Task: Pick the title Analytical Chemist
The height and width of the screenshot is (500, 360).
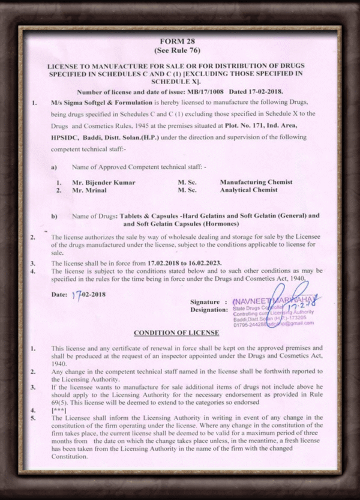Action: click(x=248, y=190)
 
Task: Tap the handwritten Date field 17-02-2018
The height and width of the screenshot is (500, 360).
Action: click(x=86, y=295)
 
